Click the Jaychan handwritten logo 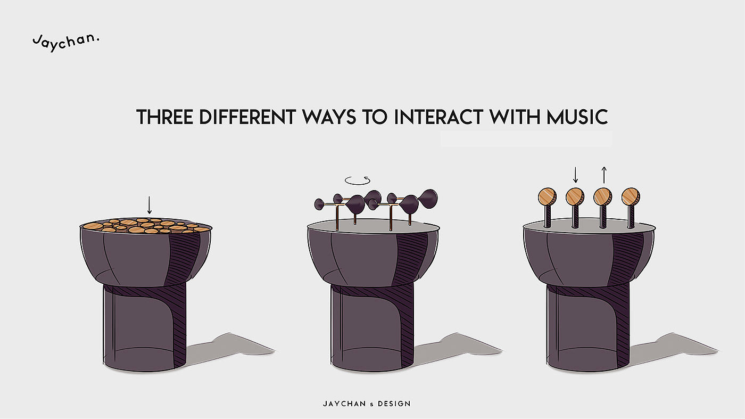pos(66,42)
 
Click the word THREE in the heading pos(164,117)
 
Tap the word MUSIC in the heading pos(577,117)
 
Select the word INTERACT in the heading pos(438,117)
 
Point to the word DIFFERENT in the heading pos(247,117)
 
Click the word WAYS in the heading pos(329,117)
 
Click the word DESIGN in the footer pos(394,404)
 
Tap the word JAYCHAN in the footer pos(344,404)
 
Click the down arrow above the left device pos(150,205)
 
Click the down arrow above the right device pos(576,175)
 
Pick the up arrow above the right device pos(604,175)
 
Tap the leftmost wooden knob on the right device pos(547,196)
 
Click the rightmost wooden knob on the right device pos(631,196)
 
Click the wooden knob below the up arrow pos(603,196)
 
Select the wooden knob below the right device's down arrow pos(575,196)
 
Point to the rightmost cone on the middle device pos(428,199)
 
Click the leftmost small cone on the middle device pos(319,204)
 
